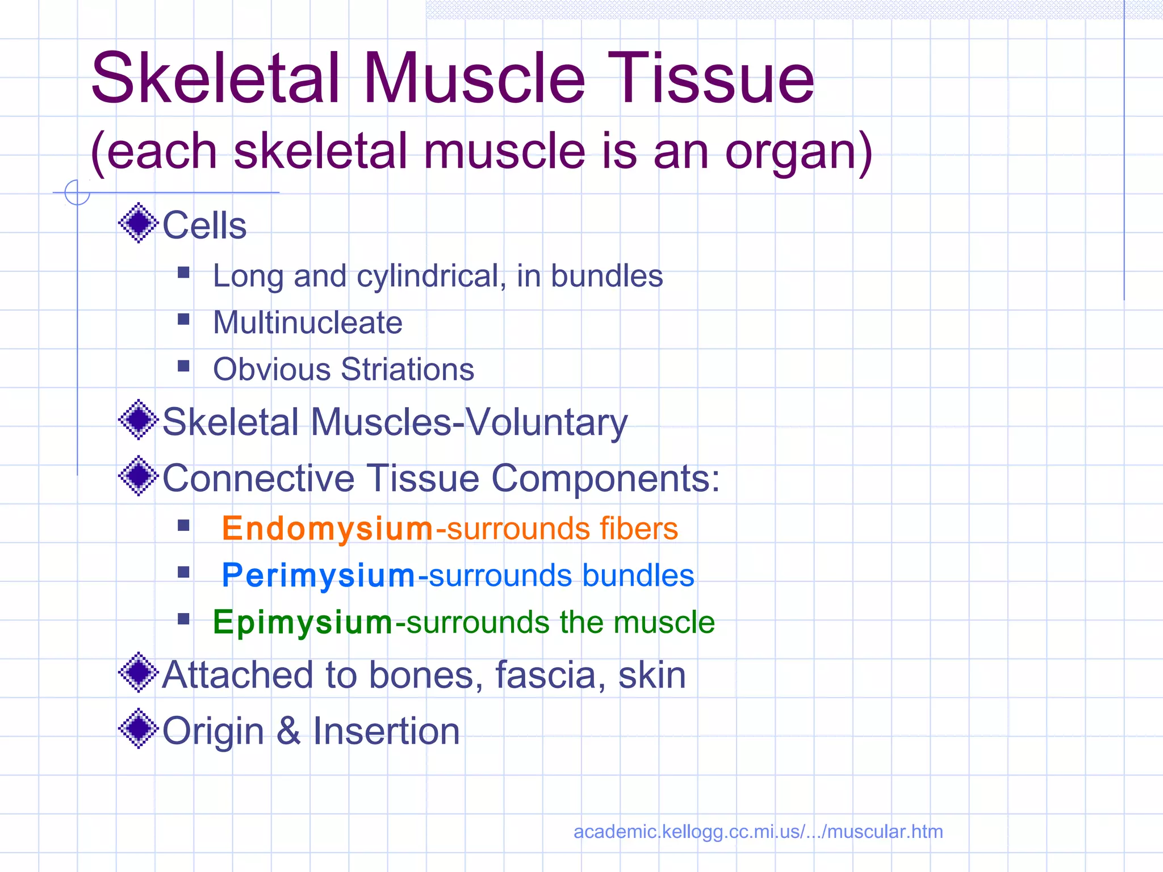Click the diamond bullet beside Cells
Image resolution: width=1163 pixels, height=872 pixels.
(138, 223)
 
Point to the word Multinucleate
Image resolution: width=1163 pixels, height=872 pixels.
(307, 322)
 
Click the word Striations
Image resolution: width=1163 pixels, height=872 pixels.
(407, 369)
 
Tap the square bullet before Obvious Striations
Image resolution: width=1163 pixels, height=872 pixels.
(183, 366)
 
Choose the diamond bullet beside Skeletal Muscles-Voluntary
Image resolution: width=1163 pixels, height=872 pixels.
(138, 420)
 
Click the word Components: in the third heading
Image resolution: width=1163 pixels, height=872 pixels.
(605, 477)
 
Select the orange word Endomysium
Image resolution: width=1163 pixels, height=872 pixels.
(327, 529)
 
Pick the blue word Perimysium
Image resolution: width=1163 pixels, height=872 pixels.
(318, 575)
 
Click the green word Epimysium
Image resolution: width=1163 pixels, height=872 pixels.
(302, 622)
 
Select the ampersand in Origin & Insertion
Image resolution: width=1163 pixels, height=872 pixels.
(288, 731)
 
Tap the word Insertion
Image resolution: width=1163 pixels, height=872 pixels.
(386, 731)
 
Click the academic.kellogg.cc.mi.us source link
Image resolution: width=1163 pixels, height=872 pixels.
(758, 832)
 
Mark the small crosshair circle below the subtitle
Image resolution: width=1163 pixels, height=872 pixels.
(77, 192)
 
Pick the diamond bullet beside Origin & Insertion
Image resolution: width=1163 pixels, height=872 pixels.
(138, 728)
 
